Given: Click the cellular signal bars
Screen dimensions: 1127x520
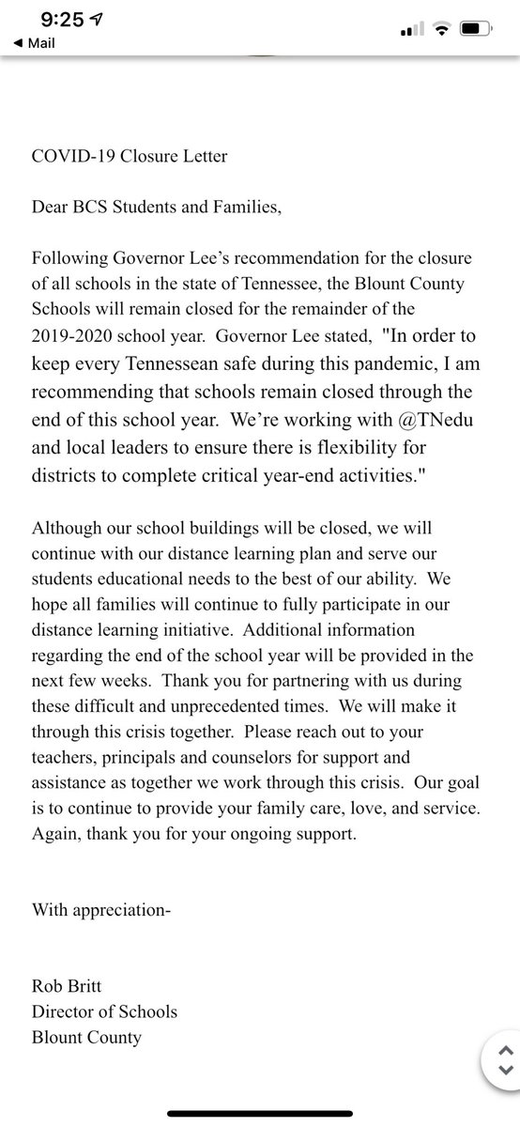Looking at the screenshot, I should coord(408,31).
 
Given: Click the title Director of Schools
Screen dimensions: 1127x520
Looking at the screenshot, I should coord(104,1011).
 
